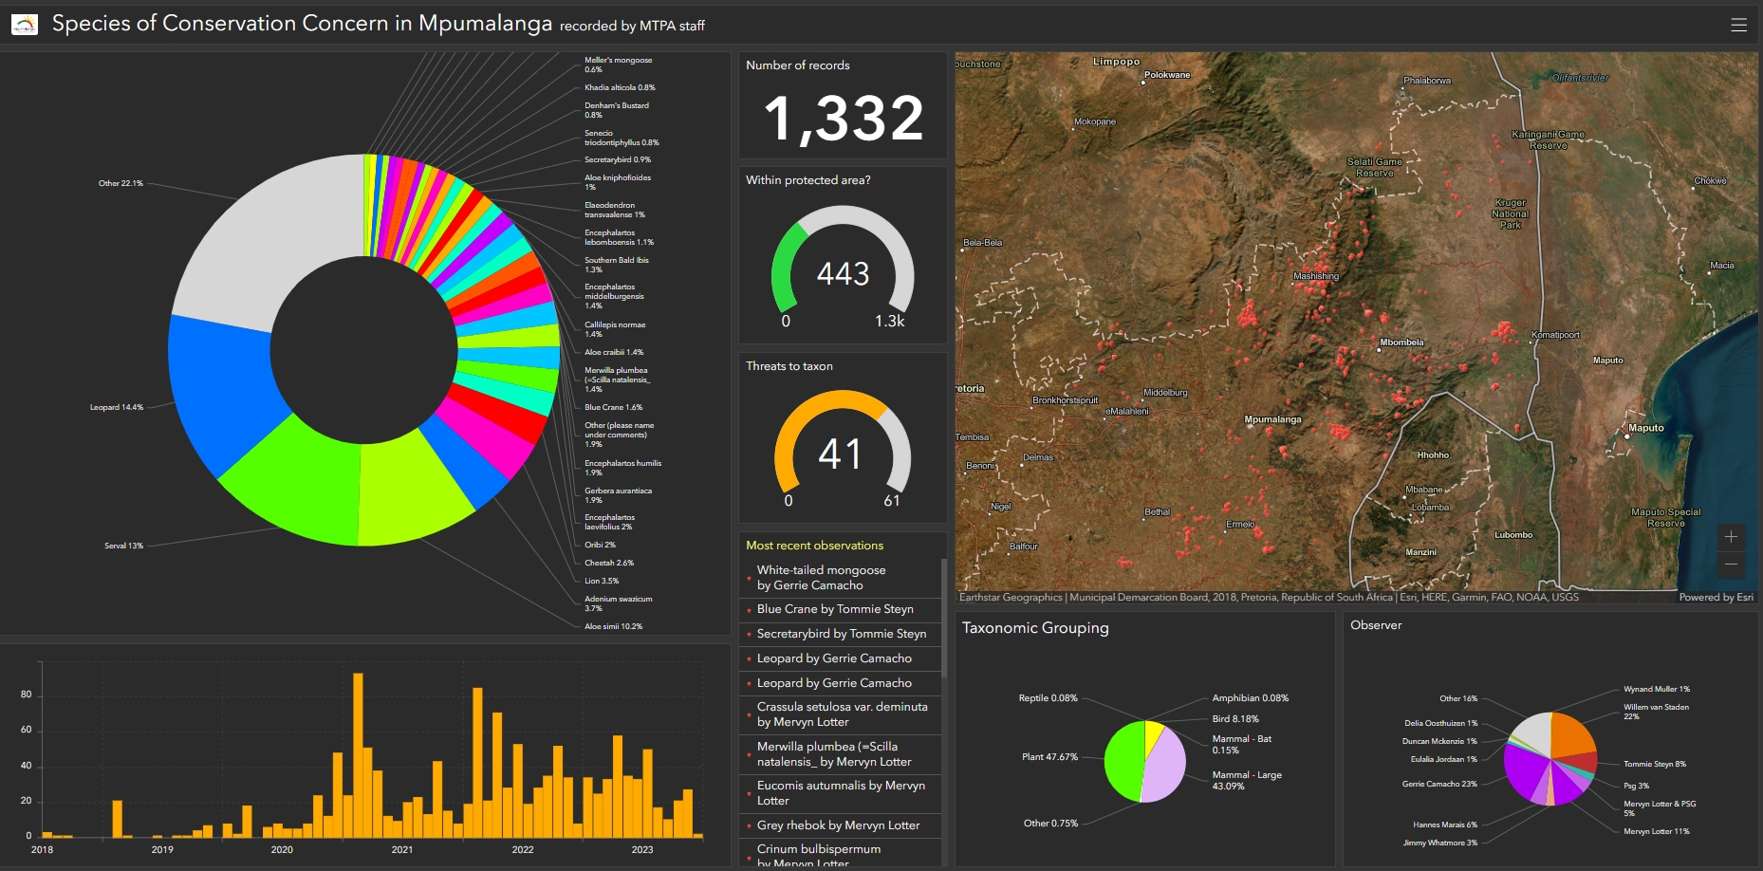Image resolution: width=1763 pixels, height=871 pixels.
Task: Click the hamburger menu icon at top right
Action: (1738, 25)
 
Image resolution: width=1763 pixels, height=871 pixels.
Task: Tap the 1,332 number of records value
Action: (843, 120)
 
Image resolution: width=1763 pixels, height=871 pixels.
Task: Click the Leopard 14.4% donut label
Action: (116, 407)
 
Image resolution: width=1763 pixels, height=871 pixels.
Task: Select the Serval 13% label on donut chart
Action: (123, 546)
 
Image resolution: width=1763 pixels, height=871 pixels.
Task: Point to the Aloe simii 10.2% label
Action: (613, 626)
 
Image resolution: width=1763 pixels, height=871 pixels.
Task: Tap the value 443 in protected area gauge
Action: (843, 274)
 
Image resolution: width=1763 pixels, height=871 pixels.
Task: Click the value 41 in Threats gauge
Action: (841, 454)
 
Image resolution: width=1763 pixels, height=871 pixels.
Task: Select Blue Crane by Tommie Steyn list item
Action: (835, 609)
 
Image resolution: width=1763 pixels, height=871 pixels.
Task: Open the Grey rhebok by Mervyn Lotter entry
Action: (838, 825)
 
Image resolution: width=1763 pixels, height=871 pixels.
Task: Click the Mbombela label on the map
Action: (1401, 343)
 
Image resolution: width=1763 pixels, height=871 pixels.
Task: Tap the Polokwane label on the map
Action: (1166, 75)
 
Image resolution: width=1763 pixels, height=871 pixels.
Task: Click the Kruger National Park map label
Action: (1510, 213)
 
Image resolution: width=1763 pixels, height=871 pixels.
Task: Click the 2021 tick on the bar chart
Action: (402, 849)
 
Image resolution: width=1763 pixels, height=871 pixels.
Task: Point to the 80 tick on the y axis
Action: (27, 695)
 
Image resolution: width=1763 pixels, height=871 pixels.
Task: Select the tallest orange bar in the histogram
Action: (358, 754)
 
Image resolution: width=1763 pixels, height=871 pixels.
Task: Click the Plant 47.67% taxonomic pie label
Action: (1049, 757)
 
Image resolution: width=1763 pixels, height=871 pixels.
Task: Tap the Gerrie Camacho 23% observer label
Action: (1438, 784)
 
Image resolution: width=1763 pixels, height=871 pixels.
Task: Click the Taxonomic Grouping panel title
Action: (1034, 628)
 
